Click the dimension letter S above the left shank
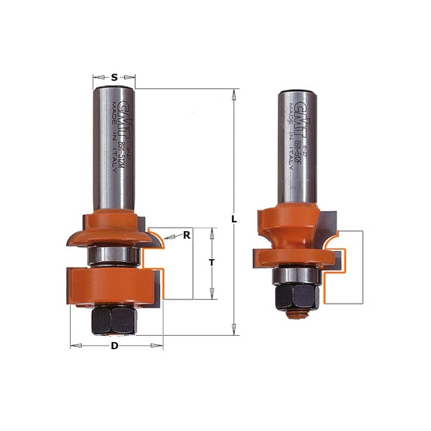click(x=114, y=78)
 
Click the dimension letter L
click(x=234, y=219)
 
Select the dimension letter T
click(x=212, y=263)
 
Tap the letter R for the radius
click(x=186, y=235)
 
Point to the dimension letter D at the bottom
click(x=114, y=346)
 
